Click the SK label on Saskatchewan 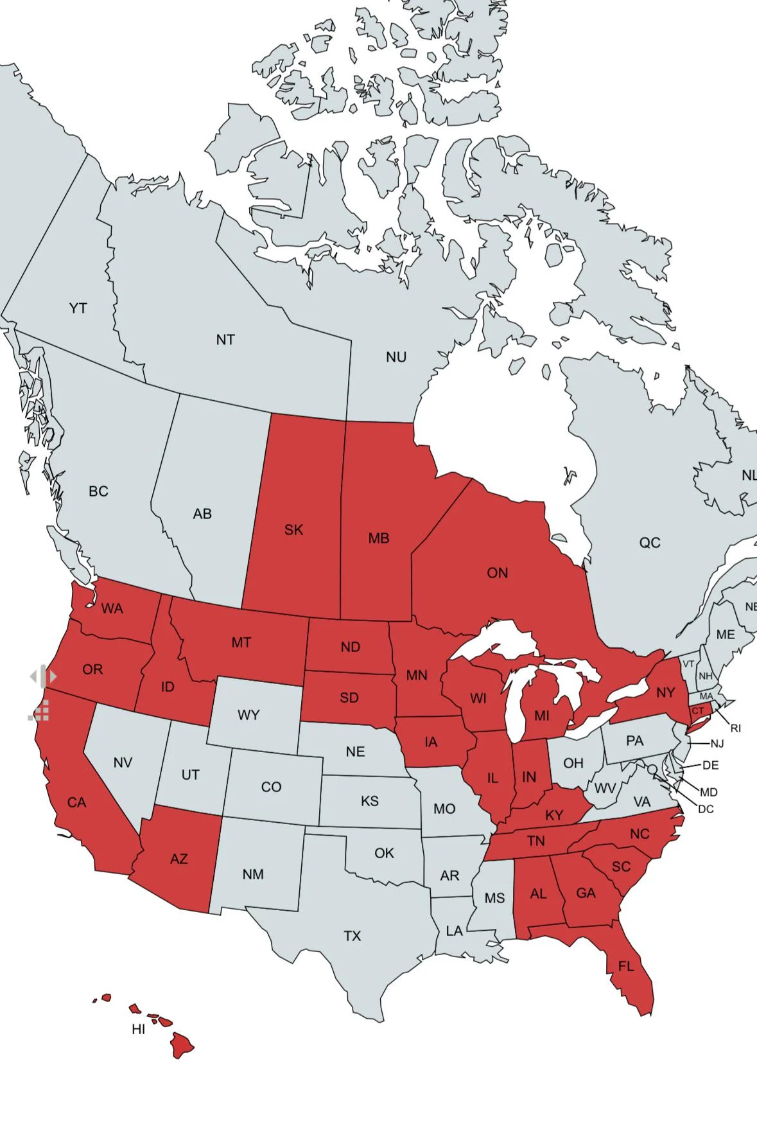click(x=293, y=530)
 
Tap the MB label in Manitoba click(x=379, y=538)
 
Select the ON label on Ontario click(x=497, y=573)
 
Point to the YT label click(x=78, y=309)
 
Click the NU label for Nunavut click(x=396, y=357)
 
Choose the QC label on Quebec click(x=649, y=543)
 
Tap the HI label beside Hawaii click(x=138, y=1030)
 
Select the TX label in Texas click(x=352, y=937)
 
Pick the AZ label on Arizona click(x=178, y=859)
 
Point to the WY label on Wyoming click(x=248, y=716)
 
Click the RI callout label click(x=736, y=728)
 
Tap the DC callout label click(x=706, y=809)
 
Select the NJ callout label click(x=717, y=744)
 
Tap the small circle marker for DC click(x=652, y=770)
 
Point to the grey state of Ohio click(x=573, y=763)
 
